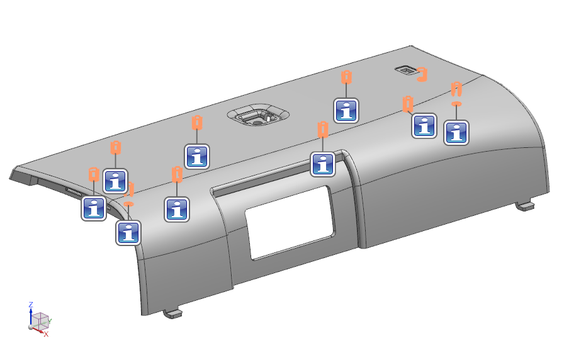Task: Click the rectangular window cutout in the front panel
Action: coord(290,222)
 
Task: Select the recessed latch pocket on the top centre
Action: coord(258,115)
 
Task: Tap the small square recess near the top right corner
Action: coord(405,70)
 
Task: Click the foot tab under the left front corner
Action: coord(173,313)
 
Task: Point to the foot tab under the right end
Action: coord(525,206)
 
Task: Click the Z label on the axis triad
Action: coord(31,305)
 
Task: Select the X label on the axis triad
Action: coord(46,334)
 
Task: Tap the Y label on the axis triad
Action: coord(50,320)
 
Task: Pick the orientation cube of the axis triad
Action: coord(40,320)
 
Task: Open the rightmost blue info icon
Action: coord(456,132)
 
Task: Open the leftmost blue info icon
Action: coord(94,208)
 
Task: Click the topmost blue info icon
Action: coord(346,111)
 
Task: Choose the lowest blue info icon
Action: coord(128,233)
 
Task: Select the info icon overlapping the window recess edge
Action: coord(323,164)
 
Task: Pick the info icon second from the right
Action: coord(424,126)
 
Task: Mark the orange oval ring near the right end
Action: coord(457,104)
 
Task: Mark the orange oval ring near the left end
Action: coord(128,204)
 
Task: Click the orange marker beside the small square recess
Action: coord(422,74)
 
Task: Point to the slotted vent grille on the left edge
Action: coord(74,192)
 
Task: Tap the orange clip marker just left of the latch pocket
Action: coord(197,123)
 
